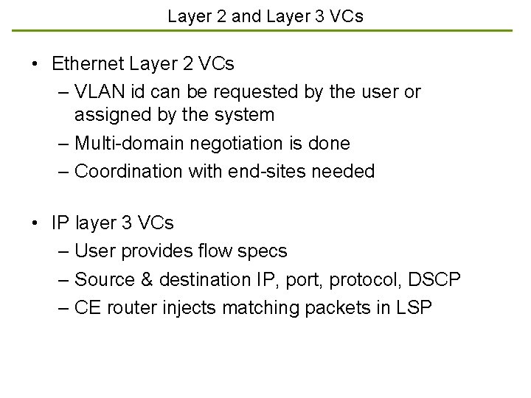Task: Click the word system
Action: [x=246, y=115]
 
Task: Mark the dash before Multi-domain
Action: [x=63, y=143]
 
